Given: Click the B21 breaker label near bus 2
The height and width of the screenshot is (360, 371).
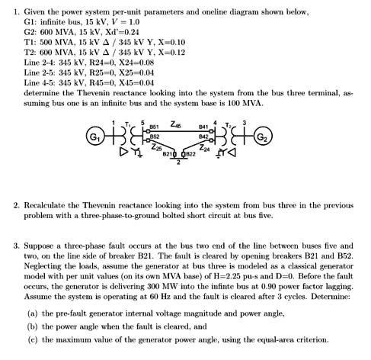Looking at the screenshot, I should pyautogui.click(x=168, y=154).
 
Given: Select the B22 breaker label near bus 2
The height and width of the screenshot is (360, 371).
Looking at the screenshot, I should pyautogui.click(x=192, y=154).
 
